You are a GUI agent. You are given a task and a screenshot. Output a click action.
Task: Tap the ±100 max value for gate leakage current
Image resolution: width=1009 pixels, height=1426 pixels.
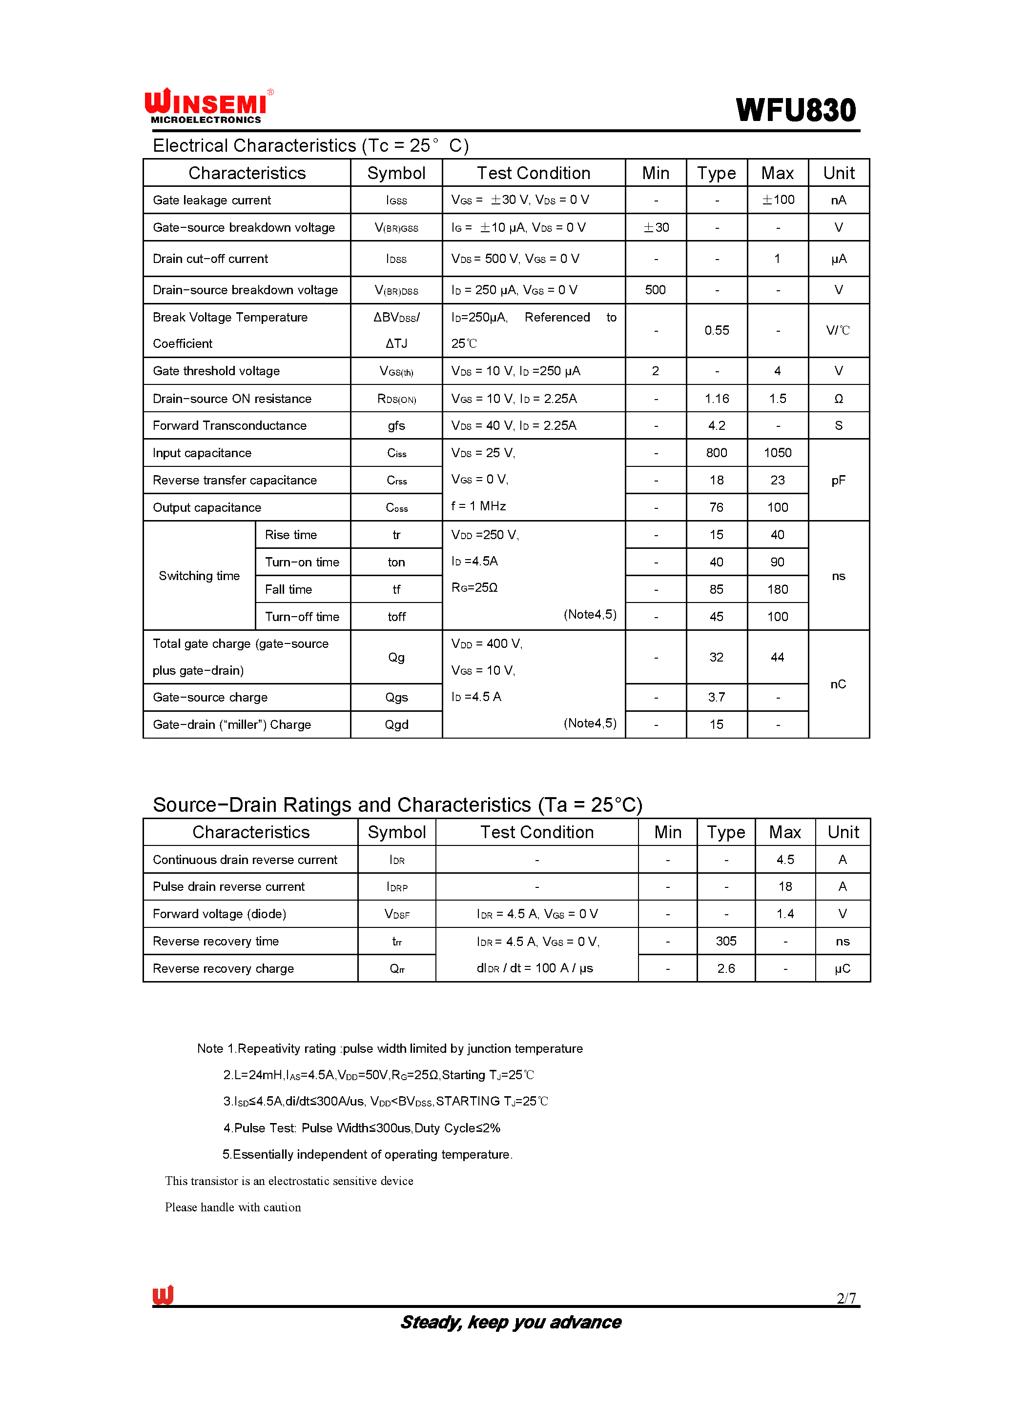coord(778,200)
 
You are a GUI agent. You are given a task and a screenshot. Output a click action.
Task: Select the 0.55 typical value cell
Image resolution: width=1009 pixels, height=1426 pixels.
coord(717,330)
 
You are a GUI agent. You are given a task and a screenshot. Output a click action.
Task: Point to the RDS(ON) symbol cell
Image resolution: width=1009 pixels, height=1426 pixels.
coord(396,399)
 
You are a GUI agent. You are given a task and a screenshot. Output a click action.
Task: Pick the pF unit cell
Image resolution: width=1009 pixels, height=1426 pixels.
coord(838,480)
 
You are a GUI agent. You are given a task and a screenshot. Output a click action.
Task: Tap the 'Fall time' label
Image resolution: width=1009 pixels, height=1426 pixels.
coord(288,589)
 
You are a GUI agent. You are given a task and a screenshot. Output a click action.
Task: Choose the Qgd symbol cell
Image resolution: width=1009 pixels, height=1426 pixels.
coord(396,725)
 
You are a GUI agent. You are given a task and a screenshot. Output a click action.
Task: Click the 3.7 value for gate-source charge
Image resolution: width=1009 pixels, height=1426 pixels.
coord(717,698)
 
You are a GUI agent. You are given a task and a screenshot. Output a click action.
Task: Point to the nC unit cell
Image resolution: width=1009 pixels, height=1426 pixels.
coord(838,684)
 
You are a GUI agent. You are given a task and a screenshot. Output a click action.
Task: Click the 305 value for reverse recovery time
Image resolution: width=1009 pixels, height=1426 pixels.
coord(726,941)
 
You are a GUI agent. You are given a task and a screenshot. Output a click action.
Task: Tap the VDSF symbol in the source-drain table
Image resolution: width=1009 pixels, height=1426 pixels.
coord(396,914)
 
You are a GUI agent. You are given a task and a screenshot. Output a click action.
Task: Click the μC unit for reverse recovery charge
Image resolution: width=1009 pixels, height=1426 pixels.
coord(842,968)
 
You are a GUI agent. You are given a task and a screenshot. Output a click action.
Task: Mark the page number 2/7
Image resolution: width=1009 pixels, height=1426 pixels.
coord(845,1298)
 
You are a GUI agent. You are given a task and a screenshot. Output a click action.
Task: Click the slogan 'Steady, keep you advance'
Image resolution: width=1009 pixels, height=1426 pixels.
coord(510,1322)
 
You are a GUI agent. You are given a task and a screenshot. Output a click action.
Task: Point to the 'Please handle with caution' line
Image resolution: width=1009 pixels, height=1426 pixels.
coord(233,1207)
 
